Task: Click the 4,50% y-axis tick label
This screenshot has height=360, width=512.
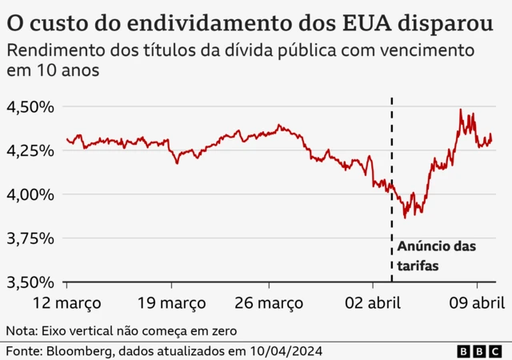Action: (30, 106)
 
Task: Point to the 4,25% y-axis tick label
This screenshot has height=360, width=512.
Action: (30, 150)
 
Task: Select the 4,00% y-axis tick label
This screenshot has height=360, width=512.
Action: (30, 194)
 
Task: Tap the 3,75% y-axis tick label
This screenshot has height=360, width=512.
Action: (30, 238)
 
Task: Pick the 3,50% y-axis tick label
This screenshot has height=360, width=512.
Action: (30, 282)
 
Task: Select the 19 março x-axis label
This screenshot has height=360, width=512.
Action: (170, 303)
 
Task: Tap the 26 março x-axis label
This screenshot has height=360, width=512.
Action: (268, 303)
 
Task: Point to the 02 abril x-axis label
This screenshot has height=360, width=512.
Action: (373, 303)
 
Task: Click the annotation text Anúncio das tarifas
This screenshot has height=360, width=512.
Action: (436, 256)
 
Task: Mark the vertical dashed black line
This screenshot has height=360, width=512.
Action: (391, 160)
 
